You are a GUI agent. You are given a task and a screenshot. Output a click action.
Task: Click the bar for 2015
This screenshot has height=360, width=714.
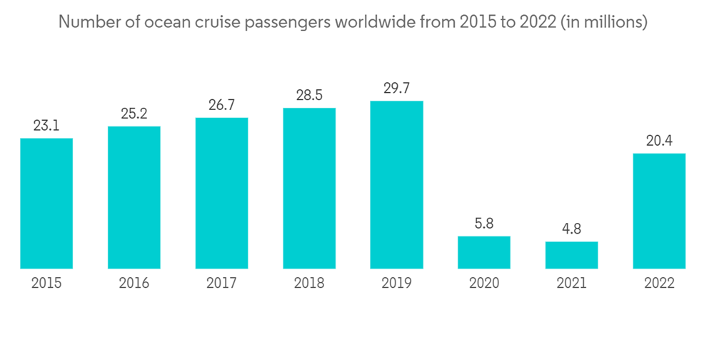(46, 203)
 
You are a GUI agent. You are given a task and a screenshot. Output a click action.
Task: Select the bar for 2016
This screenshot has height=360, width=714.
(134, 197)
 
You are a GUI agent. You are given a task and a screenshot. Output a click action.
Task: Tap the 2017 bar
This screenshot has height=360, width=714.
(221, 193)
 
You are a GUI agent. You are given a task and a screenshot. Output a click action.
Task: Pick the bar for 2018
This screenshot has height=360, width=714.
(309, 188)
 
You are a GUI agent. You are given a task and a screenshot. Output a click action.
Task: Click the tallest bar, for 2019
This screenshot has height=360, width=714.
(396, 184)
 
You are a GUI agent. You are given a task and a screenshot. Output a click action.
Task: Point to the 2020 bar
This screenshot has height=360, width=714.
(484, 252)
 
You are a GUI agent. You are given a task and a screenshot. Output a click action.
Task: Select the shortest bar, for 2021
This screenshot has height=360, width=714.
(571, 255)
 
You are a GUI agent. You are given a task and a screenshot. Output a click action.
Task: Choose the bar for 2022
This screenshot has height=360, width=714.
(659, 211)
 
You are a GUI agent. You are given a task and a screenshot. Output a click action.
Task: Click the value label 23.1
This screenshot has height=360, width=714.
(46, 126)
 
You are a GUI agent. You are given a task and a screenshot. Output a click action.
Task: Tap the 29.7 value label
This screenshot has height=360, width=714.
(396, 88)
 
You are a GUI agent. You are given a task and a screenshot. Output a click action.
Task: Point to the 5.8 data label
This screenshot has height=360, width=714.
(484, 224)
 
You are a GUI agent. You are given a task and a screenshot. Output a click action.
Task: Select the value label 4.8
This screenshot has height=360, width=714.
(571, 229)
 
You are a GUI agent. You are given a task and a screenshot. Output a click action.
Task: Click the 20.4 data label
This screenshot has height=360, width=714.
(659, 141)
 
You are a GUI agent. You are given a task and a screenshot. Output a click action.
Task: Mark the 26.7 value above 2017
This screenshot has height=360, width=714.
(221, 106)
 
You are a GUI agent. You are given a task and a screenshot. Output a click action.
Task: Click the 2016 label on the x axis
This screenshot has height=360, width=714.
(134, 284)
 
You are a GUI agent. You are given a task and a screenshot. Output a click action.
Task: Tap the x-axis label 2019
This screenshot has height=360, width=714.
(396, 284)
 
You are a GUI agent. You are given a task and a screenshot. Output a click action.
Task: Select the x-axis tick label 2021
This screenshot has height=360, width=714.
(571, 284)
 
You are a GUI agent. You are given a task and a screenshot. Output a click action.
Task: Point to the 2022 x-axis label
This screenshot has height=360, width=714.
(659, 284)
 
